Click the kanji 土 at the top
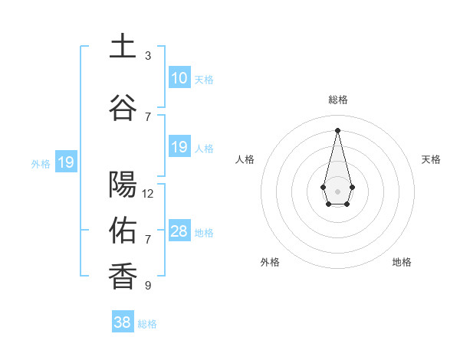123,47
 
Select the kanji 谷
123,106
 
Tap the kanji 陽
123,185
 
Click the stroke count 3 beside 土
148,56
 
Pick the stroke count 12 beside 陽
148,194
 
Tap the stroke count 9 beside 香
148,286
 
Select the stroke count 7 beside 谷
148,116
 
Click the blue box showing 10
179,78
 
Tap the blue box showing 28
179,231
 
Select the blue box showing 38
122,322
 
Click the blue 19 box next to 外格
65,162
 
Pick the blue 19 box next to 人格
179,147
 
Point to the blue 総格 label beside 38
147,324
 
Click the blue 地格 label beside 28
204,233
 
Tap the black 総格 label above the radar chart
337,100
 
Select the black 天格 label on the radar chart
431,159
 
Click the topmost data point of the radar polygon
337,129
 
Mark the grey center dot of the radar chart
337,190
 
